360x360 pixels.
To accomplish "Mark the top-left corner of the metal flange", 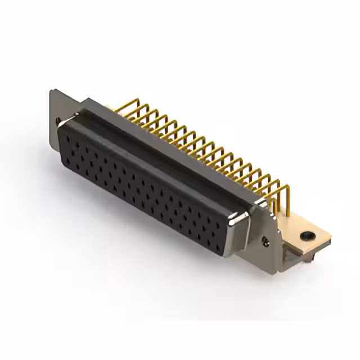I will [51, 91].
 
